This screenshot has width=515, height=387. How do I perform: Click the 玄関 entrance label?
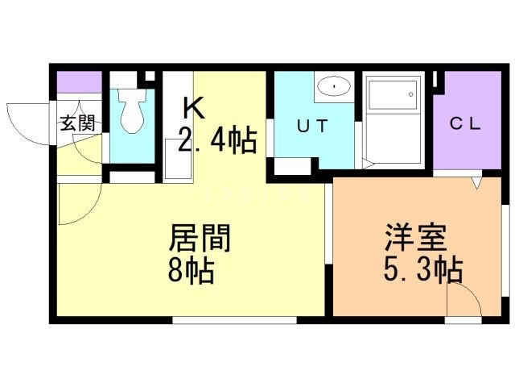pyautogui.click(x=77, y=123)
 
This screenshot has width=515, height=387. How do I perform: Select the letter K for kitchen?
pyautogui.click(x=192, y=107)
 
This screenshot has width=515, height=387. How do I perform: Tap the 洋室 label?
pyautogui.click(x=410, y=239)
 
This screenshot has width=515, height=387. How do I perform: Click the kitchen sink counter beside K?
pyautogui.click(x=178, y=159)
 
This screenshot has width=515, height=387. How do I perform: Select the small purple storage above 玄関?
pyautogui.click(x=79, y=83)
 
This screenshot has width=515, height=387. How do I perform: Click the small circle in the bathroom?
pyautogui.click(x=412, y=94)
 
